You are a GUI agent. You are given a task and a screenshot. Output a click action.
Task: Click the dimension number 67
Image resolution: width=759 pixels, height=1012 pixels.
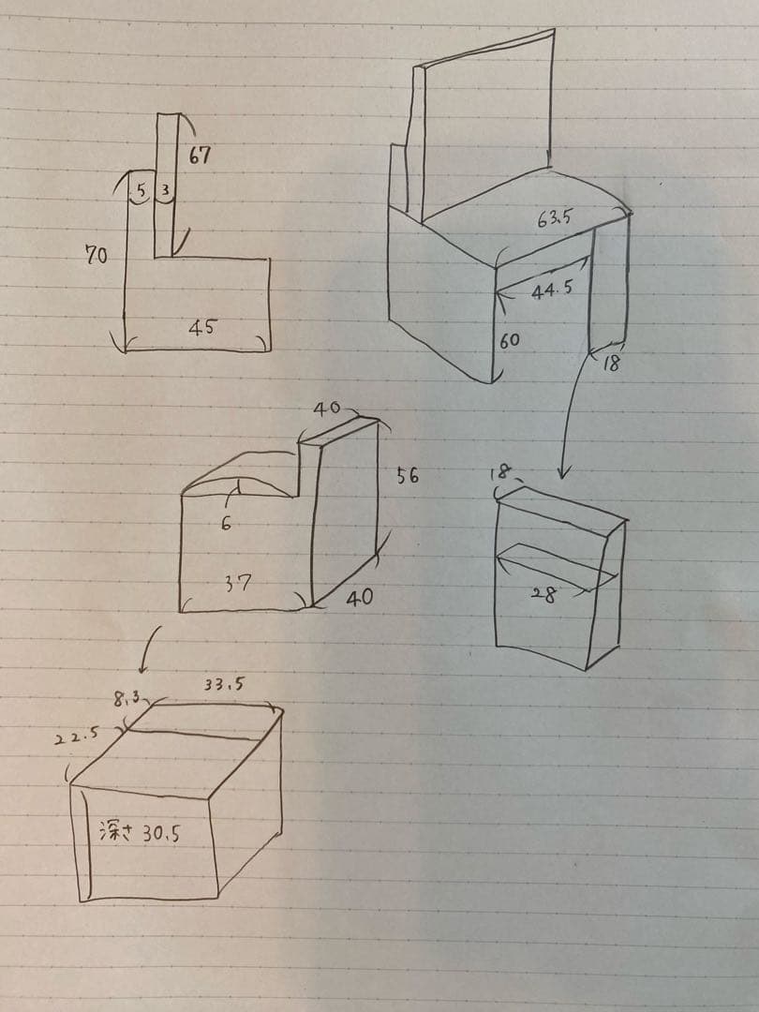click(x=199, y=156)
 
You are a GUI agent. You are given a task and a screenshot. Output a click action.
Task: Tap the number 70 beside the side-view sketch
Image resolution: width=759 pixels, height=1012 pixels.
click(x=97, y=254)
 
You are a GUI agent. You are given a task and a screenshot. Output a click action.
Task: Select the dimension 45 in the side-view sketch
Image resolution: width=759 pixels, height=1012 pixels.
click(x=201, y=327)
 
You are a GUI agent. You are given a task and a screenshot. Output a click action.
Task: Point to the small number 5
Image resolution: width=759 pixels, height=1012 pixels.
click(x=141, y=191)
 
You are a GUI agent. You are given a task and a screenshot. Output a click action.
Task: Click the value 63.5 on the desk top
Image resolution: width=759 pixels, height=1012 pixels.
click(x=555, y=219)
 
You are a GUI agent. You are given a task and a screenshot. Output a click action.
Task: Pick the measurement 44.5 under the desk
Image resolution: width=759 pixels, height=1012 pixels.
click(x=551, y=291)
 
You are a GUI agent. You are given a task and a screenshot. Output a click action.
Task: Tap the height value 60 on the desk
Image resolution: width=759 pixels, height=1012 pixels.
click(x=509, y=341)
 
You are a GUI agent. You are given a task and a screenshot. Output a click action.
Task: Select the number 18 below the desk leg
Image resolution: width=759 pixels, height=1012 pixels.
click(x=610, y=365)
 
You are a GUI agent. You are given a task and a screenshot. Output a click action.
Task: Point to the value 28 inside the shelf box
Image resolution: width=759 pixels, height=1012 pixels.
click(x=543, y=593)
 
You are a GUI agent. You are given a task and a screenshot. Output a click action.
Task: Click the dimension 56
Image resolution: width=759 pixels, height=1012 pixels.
click(x=407, y=476)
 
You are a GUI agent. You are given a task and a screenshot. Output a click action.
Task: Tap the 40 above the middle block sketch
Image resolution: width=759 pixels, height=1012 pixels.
click(x=326, y=409)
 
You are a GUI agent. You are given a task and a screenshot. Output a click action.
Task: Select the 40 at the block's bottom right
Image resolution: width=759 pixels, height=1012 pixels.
click(x=359, y=597)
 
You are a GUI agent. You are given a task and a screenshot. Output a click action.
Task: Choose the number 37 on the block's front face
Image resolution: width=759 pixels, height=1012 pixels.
click(x=237, y=583)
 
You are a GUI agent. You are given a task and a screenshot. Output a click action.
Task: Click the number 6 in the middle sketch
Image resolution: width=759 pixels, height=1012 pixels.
click(x=225, y=524)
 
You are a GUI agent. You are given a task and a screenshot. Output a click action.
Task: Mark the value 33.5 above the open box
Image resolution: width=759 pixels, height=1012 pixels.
click(x=224, y=685)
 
